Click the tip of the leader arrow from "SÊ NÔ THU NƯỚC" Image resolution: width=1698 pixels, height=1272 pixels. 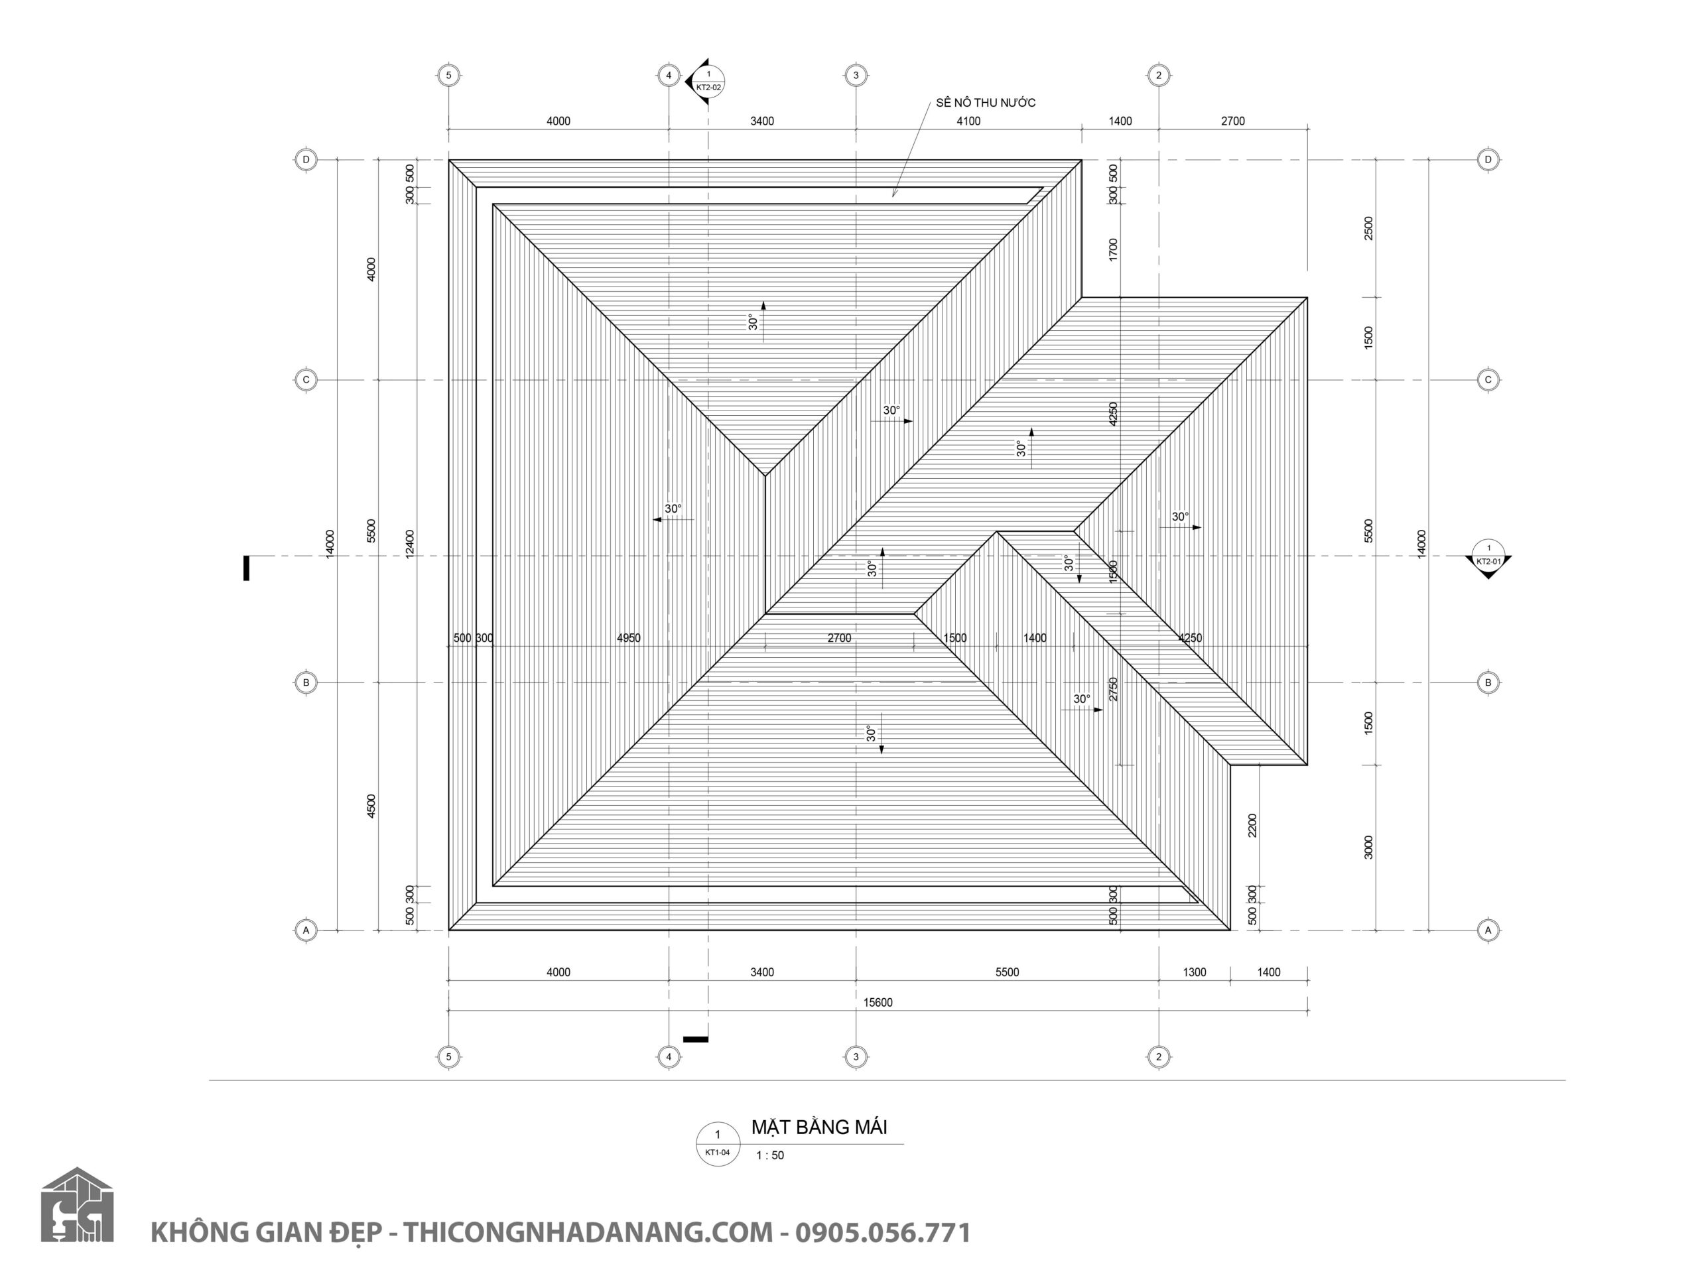(x=893, y=197)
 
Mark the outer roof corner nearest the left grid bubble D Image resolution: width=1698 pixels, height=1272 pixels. (x=449, y=160)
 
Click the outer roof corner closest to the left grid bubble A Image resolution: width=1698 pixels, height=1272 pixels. (x=449, y=930)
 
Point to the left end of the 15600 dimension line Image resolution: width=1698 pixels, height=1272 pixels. (x=449, y=1011)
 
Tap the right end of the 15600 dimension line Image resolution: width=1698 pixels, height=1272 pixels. (x=1308, y=1011)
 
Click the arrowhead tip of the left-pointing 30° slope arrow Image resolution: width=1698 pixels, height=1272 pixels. (x=653, y=520)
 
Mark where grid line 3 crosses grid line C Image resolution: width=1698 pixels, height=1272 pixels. (x=856, y=380)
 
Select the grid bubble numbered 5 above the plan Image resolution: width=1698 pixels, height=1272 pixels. (x=449, y=75)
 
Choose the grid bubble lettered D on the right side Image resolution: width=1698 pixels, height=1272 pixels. (x=1488, y=160)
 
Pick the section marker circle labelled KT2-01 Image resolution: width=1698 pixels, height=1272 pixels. (x=1488, y=555)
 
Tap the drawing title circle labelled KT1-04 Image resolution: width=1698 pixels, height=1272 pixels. (x=718, y=1144)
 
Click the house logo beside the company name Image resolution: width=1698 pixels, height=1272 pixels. (x=77, y=1204)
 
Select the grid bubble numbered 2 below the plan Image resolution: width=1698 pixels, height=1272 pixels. (x=1158, y=1056)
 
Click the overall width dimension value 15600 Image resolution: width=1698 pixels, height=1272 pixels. (x=878, y=1003)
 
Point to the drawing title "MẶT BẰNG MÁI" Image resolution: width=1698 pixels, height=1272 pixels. (x=819, y=1127)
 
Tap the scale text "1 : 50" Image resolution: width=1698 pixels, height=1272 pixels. (x=770, y=1155)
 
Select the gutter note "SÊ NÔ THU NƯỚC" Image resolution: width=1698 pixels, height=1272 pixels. (x=986, y=103)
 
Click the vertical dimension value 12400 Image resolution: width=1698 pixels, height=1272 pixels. (x=410, y=544)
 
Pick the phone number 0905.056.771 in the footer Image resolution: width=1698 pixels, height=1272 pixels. (x=883, y=1232)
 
